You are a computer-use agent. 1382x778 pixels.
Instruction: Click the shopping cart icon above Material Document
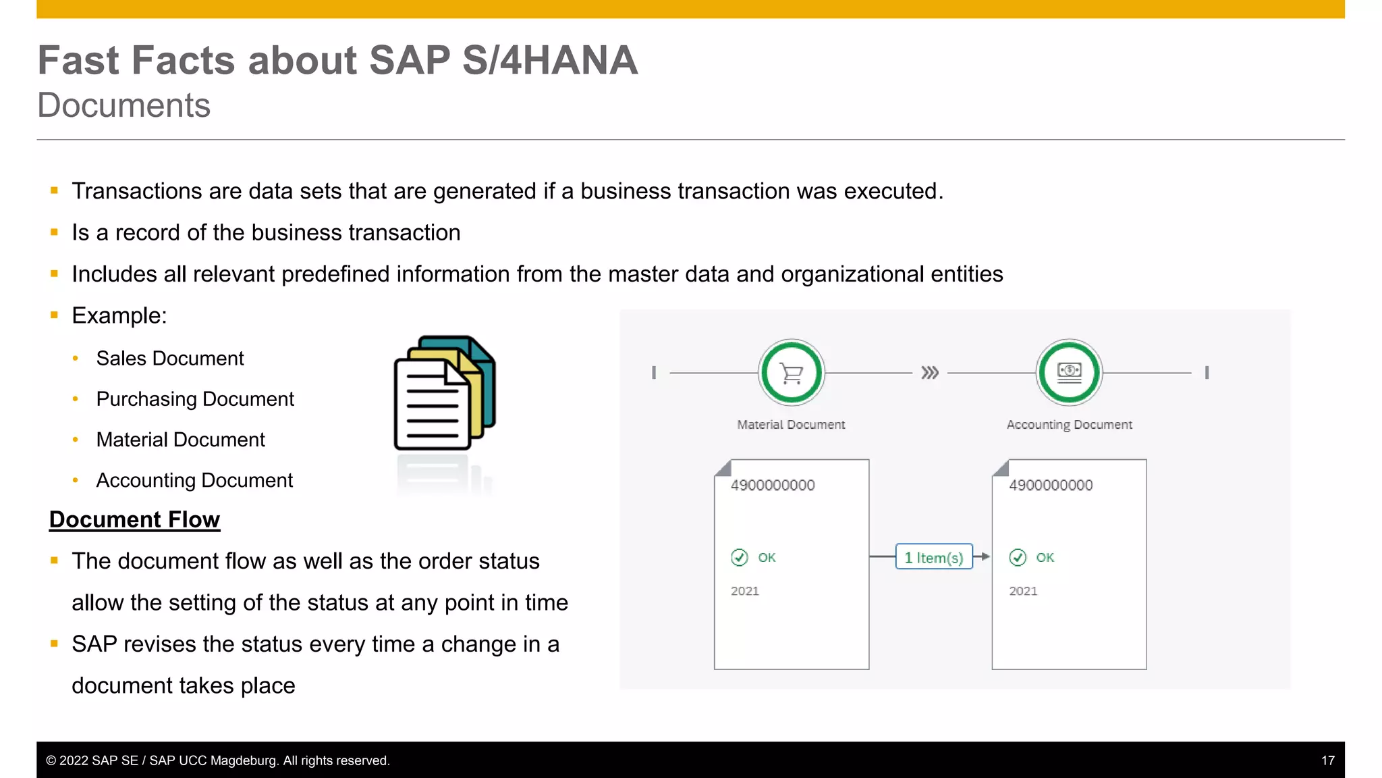click(x=792, y=373)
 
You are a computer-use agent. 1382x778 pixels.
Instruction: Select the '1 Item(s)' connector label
click(x=934, y=557)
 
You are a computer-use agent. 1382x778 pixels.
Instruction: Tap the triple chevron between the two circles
click(x=930, y=373)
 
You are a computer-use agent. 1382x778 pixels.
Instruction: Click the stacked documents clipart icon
click(x=444, y=393)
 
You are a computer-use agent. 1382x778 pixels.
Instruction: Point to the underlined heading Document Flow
click(x=134, y=519)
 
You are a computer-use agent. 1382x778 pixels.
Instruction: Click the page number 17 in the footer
click(x=1327, y=760)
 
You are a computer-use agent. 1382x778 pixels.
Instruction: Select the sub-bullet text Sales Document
click(x=169, y=359)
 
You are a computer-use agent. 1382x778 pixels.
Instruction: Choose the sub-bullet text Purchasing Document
click(x=195, y=399)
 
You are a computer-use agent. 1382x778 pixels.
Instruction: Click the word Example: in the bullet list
click(x=119, y=315)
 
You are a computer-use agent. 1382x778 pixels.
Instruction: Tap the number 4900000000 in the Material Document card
click(x=773, y=485)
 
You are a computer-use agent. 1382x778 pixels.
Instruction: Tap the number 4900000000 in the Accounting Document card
click(x=1051, y=485)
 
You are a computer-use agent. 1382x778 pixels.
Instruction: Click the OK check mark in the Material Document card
click(x=740, y=557)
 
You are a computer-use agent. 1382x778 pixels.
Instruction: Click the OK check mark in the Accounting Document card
click(x=1018, y=557)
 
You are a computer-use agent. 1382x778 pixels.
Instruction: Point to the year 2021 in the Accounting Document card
click(x=1023, y=591)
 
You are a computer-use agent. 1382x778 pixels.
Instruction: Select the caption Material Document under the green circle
click(x=791, y=425)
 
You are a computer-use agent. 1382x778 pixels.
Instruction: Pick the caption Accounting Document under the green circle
click(x=1069, y=425)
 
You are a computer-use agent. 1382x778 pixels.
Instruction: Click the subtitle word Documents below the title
click(x=124, y=105)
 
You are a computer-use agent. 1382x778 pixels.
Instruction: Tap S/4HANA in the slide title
click(x=549, y=60)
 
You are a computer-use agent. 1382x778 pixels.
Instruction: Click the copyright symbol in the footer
click(x=51, y=760)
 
